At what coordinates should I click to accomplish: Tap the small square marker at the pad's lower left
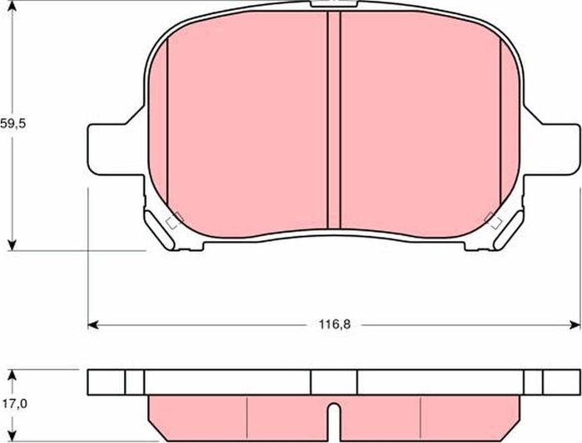pyautogui.click(x=174, y=221)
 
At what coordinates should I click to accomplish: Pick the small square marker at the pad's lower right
pyautogui.click(x=493, y=221)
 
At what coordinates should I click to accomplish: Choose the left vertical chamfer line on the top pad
pyautogui.click(x=167, y=125)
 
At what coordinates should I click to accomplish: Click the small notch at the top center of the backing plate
pyautogui.click(x=321, y=5)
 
